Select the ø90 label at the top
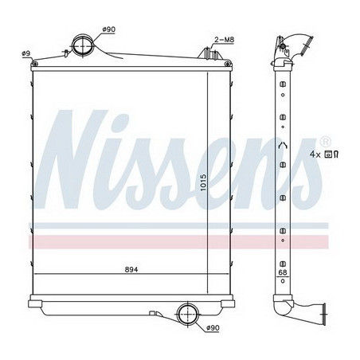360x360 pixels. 108,31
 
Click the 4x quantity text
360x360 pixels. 315,153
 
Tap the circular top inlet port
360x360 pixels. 83,44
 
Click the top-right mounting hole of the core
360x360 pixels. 229,64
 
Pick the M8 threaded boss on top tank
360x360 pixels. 210,53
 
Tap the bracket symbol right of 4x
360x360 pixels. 337,153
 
